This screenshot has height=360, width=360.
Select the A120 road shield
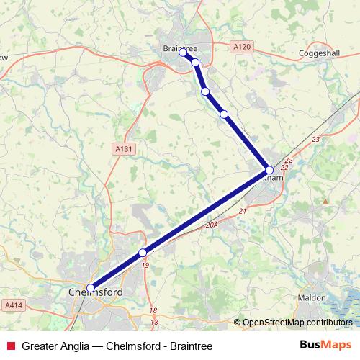point(242,47)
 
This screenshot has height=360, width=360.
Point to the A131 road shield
point(123,148)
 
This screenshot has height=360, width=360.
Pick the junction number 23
point(315,139)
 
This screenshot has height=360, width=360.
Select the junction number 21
point(242,210)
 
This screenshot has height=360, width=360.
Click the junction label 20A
point(211,225)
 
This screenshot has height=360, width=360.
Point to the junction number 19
point(146,266)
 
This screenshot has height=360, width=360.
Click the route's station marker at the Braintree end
point(184,52)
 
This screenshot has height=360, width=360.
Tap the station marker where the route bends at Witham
point(269,171)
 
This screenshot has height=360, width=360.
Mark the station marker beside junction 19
point(143,252)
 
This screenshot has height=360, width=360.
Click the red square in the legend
point(9,344)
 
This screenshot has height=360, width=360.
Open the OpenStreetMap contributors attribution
point(297,323)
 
